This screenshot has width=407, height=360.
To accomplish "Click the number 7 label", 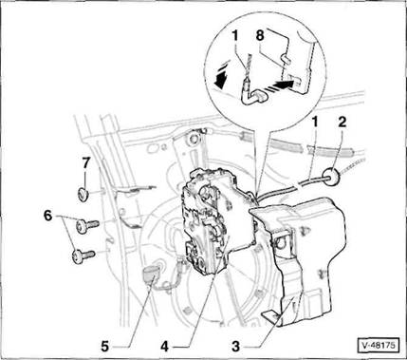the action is coord(86,164).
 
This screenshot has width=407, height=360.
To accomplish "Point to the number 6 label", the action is coord(47,217).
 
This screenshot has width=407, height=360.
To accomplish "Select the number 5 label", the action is coord(105,347).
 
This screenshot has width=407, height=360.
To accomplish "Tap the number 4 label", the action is coord(164,347).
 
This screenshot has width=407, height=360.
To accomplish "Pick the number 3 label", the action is coord(235,347).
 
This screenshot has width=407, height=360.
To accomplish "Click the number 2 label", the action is coord(342,123).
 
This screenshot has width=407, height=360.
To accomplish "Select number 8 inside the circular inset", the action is coord(260,35).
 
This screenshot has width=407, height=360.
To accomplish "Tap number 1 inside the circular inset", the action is coord(234,35).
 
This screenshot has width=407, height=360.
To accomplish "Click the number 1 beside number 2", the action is coord(315,123).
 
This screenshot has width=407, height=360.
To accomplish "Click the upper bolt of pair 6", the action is coord(87,226).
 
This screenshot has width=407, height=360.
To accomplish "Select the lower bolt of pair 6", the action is coord(83,256).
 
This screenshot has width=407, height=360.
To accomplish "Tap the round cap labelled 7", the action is coord(83,195).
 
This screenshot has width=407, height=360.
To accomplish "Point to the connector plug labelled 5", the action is coord(149,274).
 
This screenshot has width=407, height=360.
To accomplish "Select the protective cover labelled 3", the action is coord(301,254).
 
